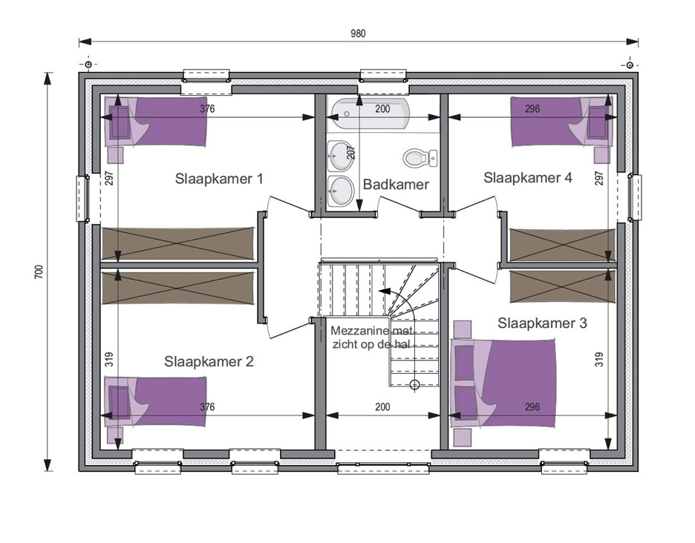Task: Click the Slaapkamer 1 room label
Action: (219, 179)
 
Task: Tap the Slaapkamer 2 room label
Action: (209, 361)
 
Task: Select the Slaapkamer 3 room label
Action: (542, 323)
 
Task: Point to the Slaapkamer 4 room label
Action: (527, 177)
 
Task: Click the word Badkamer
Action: (396, 184)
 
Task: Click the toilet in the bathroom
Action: (420, 158)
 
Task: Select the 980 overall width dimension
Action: (358, 33)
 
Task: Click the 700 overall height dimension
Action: (39, 271)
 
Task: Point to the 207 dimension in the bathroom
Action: (350, 153)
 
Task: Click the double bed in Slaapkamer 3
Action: (503, 384)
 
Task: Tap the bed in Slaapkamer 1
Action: (156, 122)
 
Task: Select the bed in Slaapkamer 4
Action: (562, 121)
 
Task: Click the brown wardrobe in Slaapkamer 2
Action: (178, 288)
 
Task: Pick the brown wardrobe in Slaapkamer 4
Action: (563, 245)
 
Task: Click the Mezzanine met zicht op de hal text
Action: (371, 338)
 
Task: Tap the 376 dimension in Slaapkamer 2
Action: (207, 407)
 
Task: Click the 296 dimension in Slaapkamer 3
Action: (532, 407)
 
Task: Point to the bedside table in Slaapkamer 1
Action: (116, 154)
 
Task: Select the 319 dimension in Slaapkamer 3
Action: (598, 359)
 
